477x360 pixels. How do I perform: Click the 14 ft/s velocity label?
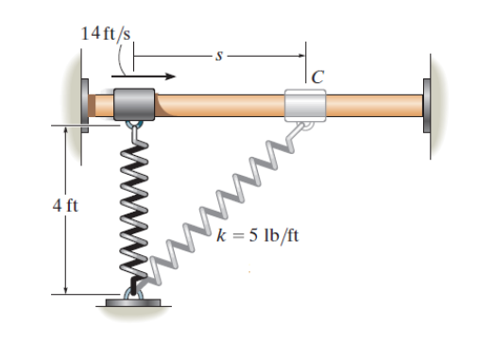click(x=106, y=33)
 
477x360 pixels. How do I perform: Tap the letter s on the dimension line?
click(x=219, y=56)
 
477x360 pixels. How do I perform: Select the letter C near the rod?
click(x=317, y=77)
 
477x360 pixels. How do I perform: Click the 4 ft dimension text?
click(x=65, y=206)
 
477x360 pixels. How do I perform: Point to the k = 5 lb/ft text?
click(x=258, y=235)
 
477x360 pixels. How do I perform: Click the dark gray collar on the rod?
click(x=134, y=104)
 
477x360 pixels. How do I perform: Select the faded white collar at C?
click(x=305, y=105)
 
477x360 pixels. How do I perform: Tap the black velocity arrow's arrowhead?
click(x=171, y=77)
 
